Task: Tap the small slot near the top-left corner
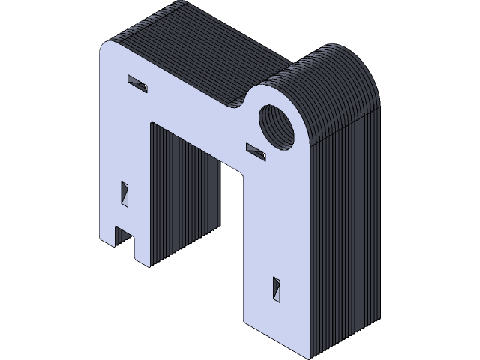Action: tap(137, 82)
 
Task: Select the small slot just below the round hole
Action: tap(256, 151)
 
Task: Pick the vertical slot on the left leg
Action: tap(125, 193)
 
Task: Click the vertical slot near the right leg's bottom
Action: tap(276, 289)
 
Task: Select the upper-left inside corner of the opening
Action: tap(151, 124)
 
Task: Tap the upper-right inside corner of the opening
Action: tap(244, 174)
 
